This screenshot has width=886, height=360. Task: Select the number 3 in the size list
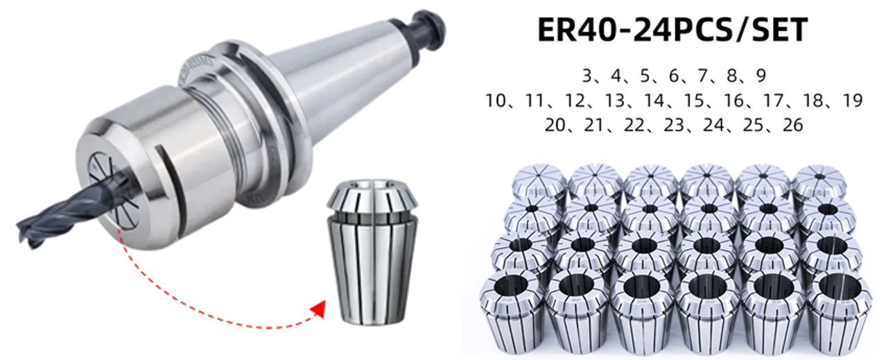click(x=587, y=75)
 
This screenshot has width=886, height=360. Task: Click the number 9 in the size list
click(x=761, y=75)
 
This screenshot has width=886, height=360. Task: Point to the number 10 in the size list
click(x=496, y=101)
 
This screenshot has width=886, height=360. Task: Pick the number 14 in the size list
click(x=654, y=101)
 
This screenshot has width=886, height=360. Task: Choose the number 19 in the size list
click(x=853, y=101)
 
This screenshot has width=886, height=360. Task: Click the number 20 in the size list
click(x=555, y=125)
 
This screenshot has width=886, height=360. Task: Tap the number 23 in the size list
click(x=674, y=125)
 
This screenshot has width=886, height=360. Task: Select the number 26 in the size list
click(x=792, y=125)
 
